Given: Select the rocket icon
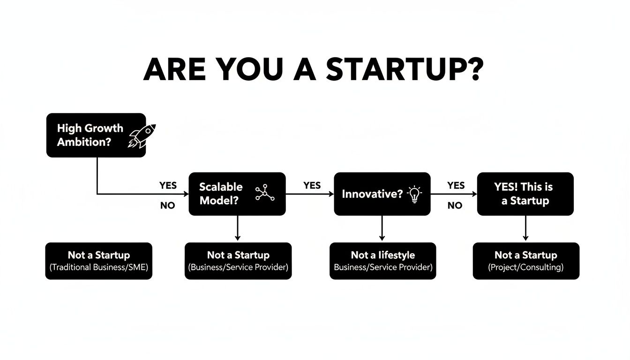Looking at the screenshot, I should tap(142, 136).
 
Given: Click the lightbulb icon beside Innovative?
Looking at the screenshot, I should tap(414, 194).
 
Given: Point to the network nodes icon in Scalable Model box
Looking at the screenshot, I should tap(264, 193).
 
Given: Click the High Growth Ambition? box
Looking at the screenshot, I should tap(96, 135).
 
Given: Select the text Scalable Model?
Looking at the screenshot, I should tap(221, 194).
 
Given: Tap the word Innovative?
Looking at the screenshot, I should tap(372, 194).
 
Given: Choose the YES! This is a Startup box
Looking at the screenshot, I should tap(525, 194).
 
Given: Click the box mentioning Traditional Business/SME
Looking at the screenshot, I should tap(99, 261).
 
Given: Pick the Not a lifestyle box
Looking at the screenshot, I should tap(382, 261).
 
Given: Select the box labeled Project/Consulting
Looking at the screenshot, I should tap(525, 261).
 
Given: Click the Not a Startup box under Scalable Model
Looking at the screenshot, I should tap(238, 261).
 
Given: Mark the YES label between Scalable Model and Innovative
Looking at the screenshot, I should tap(312, 185).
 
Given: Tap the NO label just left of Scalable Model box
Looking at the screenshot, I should tap(167, 206).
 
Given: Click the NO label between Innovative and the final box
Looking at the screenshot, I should tap(455, 205).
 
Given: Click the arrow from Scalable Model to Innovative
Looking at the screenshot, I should tap(309, 194).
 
